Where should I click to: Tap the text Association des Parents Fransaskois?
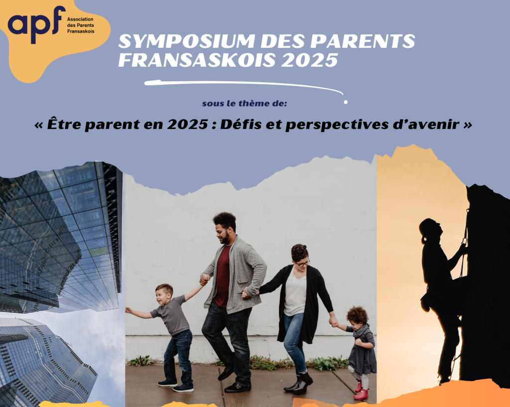pyautogui.click(x=81, y=25)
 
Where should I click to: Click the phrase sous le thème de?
pyautogui.click(x=245, y=104)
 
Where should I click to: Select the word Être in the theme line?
pyautogui.click(x=61, y=124)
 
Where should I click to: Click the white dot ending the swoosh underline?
pyautogui.click(x=346, y=102)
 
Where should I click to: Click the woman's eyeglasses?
pyautogui.click(x=302, y=263)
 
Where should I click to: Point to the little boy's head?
pyautogui.click(x=163, y=294)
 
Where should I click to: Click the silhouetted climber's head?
pyautogui.click(x=430, y=229)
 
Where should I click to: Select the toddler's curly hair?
pyautogui.click(x=357, y=314)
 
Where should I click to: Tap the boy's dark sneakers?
pyautogui.click(x=176, y=386)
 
